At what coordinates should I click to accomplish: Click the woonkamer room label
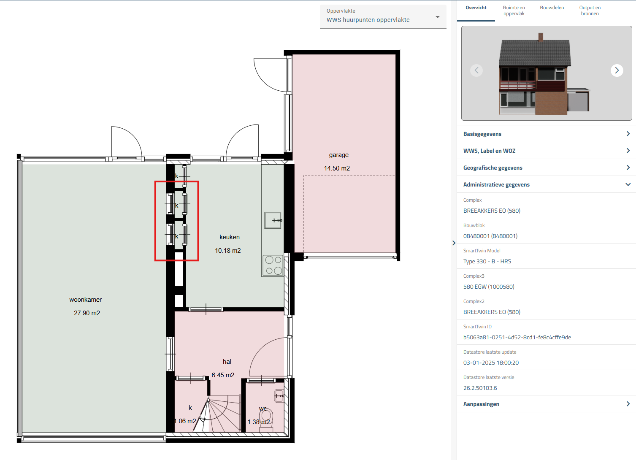tap(86, 300)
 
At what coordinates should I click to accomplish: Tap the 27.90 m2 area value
tap(87, 313)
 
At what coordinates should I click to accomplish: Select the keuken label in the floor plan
tap(230, 237)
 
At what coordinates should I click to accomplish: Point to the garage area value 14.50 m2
tap(337, 168)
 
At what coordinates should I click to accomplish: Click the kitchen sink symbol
tap(273, 220)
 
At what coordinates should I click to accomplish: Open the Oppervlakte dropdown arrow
tap(438, 17)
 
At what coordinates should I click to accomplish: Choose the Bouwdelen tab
tap(552, 8)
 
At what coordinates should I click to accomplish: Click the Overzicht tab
tap(476, 8)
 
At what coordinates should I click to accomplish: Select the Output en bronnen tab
tap(590, 11)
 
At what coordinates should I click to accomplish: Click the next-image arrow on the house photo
tap(617, 70)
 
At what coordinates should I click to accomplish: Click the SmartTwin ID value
tap(517, 337)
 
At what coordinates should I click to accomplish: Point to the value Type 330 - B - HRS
tap(487, 261)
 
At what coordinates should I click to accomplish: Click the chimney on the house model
tap(541, 37)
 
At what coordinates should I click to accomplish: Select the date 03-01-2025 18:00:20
tap(491, 363)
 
